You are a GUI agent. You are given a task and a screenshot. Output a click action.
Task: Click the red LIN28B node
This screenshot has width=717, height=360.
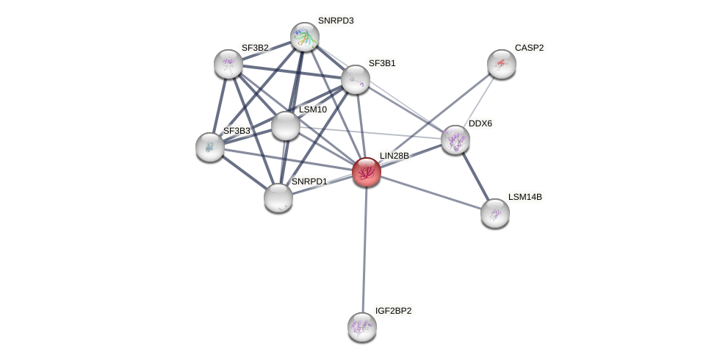pyautogui.click(x=366, y=172)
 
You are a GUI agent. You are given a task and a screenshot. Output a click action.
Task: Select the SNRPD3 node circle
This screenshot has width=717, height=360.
pyautogui.click(x=304, y=37)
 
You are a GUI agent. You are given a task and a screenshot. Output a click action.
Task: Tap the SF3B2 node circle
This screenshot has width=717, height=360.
pyautogui.click(x=228, y=64)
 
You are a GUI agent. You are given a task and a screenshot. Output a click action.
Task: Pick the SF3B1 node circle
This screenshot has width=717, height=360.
pyautogui.click(x=355, y=79)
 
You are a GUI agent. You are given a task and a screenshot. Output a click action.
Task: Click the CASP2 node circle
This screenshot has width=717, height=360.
pyautogui.click(x=501, y=64)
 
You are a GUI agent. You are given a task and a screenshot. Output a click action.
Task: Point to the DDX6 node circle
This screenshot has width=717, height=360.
pyautogui.click(x=455, y=140)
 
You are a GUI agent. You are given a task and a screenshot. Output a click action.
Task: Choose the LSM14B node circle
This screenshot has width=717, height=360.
pyautogui.click(x=494, y=213)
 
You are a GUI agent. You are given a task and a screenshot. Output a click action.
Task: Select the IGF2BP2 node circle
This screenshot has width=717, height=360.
pyautogui.click(x=361, y=327)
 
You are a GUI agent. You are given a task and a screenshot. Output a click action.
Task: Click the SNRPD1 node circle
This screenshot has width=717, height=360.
pyautogui.click(x=278, y=197)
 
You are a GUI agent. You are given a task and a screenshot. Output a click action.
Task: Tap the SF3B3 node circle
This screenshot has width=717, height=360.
pyautogui.click(x=210, y=147)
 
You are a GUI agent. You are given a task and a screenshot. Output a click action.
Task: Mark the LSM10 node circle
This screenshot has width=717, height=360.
pyautogui.click(x=285, y=126)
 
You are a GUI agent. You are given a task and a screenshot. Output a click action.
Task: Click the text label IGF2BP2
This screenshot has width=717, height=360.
pyautogui.click(x=393, y=311)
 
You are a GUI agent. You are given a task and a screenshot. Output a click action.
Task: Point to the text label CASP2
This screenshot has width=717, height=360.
pyautogui.click(x=529, y=48)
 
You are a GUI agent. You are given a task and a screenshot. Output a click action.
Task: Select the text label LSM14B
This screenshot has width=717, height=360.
pyautogui.click(x=525, y=197)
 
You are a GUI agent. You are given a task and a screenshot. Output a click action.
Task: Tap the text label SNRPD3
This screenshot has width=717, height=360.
pyautogui.click(x=336, y=21)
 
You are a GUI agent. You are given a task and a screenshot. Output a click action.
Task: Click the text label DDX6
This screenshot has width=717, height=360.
pyautogui.click(x=480, y=123)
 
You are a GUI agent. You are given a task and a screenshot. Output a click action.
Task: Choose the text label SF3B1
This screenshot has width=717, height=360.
pyautogui.click(x=381, y=63)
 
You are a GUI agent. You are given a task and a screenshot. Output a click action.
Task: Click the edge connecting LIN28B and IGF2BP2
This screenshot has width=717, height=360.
pyautogui.click(x=364, y=250)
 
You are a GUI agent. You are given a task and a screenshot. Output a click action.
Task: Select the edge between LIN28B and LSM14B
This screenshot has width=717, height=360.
pyautogui.click(x=430, y=192)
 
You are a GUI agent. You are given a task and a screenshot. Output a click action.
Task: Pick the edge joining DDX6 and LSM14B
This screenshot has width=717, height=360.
pyautogui.click(x=475, y=176)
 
